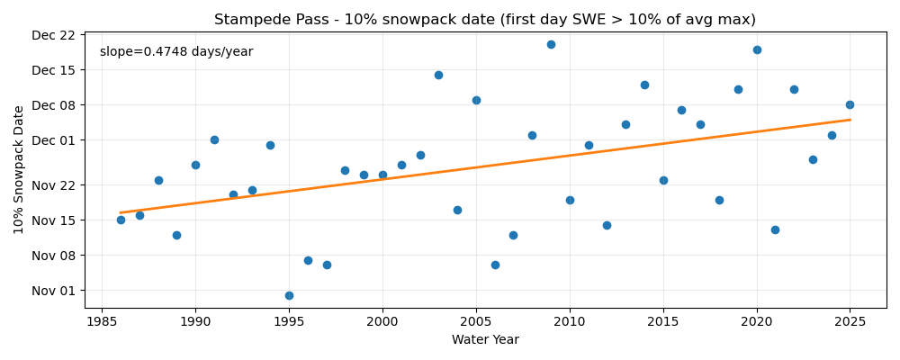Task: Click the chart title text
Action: point(484,20)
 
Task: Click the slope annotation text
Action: point(176,52)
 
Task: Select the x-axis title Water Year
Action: point(485,340)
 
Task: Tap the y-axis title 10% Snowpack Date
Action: point(19,169)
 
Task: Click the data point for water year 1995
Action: point(289,295)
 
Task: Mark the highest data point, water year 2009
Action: point(551,44)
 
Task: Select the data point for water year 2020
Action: point(757,49)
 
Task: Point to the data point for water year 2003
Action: point(438,75)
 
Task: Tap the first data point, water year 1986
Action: point(121,220)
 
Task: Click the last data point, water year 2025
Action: point(850,104)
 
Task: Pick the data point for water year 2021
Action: point(775,229)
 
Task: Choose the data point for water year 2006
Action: point(495,265)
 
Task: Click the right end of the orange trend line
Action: point(850,120)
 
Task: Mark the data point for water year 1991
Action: point(214,139)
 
